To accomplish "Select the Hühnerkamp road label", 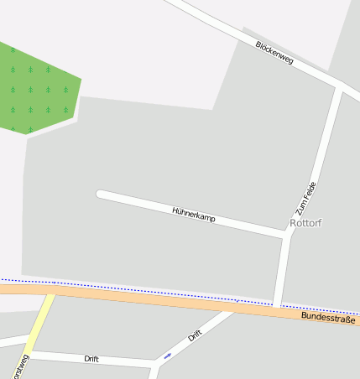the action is click(x=194, y=215).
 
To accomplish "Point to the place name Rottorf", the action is click(x=305, y=223).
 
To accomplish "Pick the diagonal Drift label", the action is click(x=196, y=335).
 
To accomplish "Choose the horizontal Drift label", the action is click(x=91, y=358).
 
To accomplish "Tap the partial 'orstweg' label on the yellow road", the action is click(x=18, y=367).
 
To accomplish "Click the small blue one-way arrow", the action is click(x=167, y=356).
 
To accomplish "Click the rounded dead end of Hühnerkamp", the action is click(x=102, y=195).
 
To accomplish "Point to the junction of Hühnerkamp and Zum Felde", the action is click(x=287, y=234).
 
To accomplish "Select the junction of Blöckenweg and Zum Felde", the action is click(x=339, y=86).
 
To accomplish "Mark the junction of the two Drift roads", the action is click(x=155, y=363).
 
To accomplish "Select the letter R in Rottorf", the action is click(x=293, y=223).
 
